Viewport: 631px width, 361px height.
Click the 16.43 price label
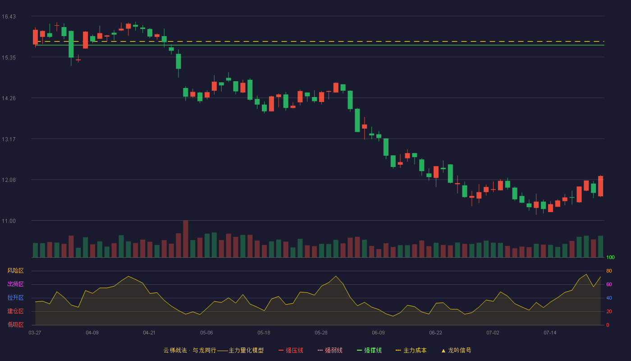[9, 17]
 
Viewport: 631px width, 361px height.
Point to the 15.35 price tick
[9, 58]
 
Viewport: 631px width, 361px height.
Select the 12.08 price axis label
[9, 180]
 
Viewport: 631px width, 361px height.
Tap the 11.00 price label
[9, 221]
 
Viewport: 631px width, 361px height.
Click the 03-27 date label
[35, 333]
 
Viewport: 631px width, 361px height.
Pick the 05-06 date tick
[206, 333]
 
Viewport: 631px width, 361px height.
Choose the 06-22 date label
[435, 333]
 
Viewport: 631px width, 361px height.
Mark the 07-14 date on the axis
[550, 333]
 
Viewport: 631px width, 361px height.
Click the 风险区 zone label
[15, 271]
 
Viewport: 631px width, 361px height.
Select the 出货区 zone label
[15, 284]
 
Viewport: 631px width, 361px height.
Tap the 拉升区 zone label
[15, 297]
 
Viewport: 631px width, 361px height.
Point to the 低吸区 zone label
[15, 324]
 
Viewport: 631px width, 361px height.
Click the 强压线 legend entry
[291, 350]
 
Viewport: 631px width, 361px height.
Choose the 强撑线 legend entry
[369, 350]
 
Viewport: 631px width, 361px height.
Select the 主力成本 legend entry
[411, 350]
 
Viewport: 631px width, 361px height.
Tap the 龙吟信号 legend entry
[456, 350]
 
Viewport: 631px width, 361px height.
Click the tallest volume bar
[185, 239]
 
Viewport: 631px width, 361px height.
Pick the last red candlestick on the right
[600, 186]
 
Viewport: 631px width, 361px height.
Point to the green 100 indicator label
[610, 257]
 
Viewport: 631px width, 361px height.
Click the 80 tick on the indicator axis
[609, 271]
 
